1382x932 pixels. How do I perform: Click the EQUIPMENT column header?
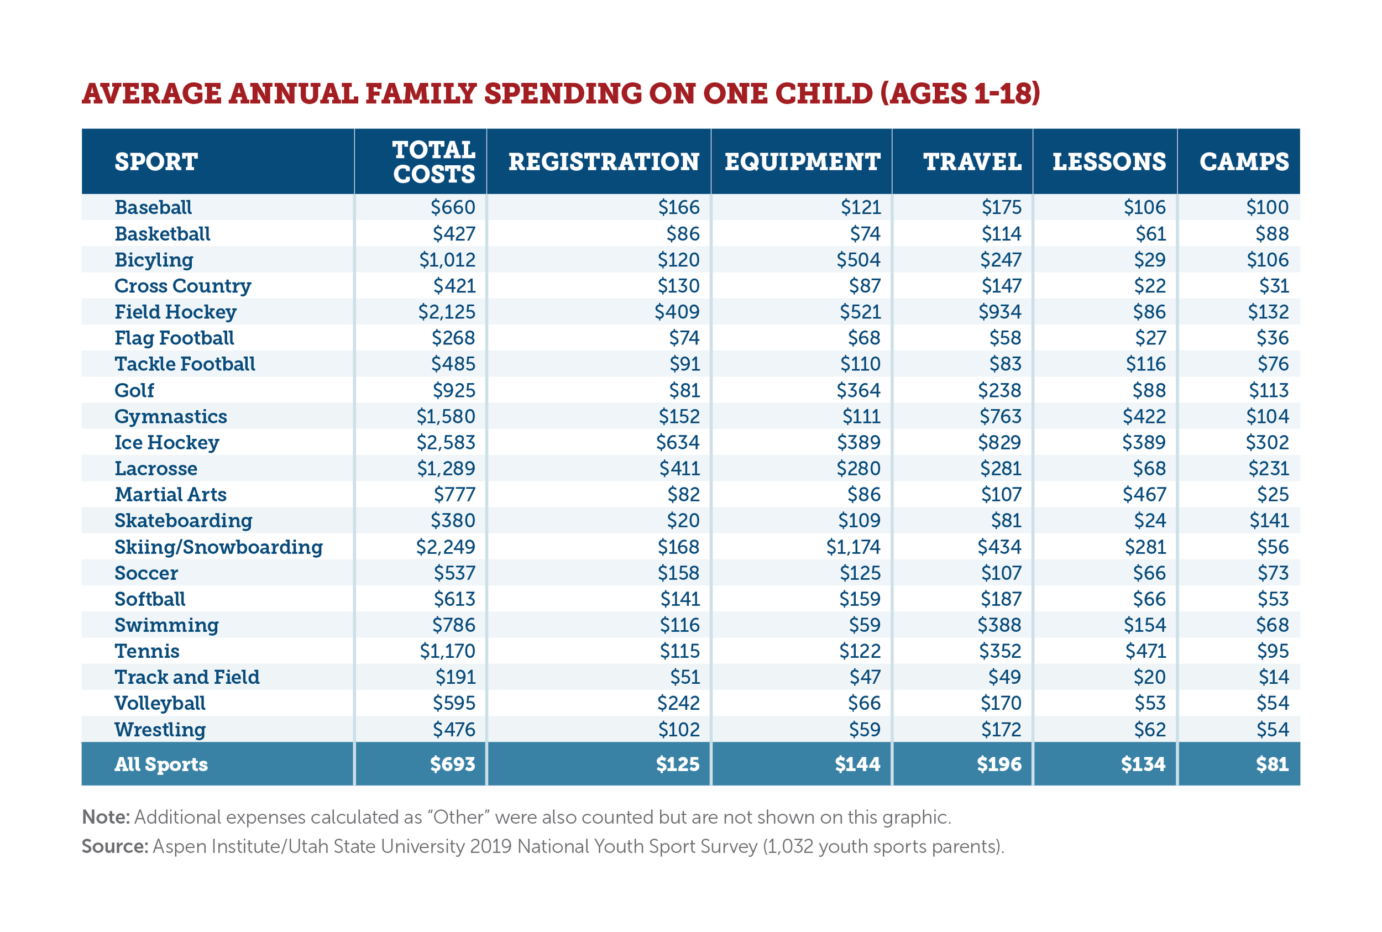tap(802, 161)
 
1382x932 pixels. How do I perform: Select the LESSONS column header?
tap(1108, 161)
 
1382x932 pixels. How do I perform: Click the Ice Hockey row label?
tap(166, 442)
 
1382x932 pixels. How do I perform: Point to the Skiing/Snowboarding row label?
tap(218, 547)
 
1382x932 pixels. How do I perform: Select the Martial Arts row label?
tap(170, 495)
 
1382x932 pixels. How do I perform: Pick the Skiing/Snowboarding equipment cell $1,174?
tap(853, 547)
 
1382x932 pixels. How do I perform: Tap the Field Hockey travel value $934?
tap(1000, 312)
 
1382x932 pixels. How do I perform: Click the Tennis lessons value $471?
tap(1145, 651)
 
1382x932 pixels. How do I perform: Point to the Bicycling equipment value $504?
tap(858, 260)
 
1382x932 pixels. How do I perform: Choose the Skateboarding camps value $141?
tap(1269, 521)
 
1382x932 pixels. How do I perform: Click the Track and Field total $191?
tap(455, 677)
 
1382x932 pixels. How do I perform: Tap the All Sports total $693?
tap(452, 764)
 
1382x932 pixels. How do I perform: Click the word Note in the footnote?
tap(105, 817)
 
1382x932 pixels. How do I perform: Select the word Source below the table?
tap(114, 846)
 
